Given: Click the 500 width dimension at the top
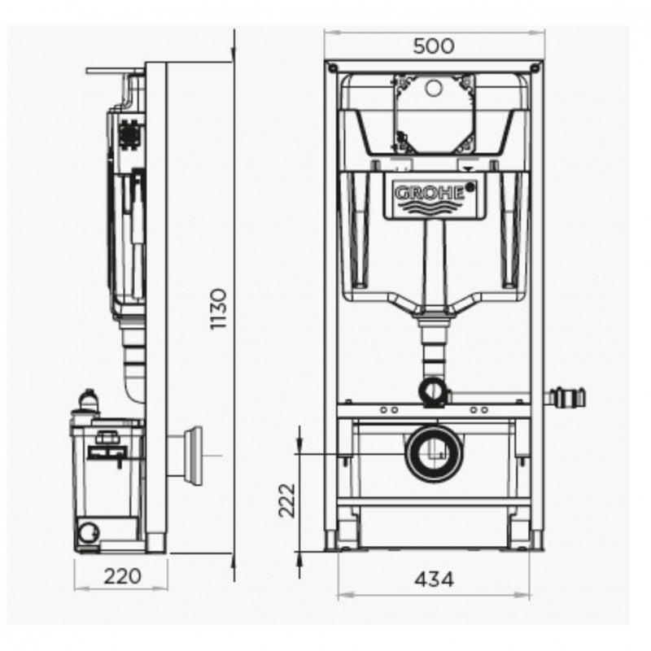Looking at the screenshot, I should pyautogui.click(x=433, y=46).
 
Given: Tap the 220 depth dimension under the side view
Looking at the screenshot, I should pyautogui.click(x=123, y=576).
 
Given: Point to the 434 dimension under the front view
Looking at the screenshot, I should pyautogui.click(x=434, y=579).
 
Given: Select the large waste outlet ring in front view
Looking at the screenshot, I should pyautogui.click(x=434, y=452).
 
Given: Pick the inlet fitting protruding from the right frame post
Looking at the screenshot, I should pyautogui.click(x=566, y=398).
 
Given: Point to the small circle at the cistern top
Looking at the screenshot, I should pyautogui.click(x=433, y=85).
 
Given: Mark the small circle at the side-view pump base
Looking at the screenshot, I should pyautogui.click(x=85, y=533).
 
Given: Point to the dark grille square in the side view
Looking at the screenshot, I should pyautogui.click(x=128, y=133).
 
